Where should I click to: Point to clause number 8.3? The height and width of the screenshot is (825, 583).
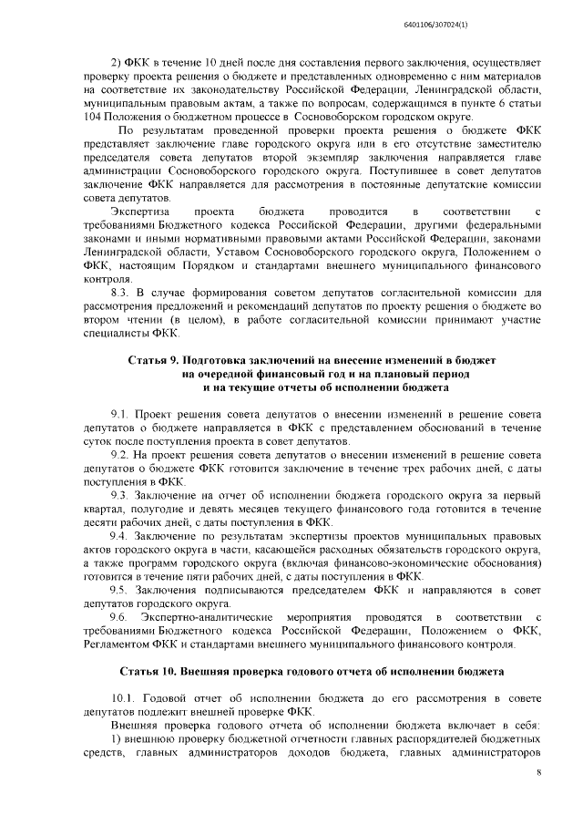[x=119, y=292]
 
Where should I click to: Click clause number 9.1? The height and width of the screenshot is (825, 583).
[x=119, y=413]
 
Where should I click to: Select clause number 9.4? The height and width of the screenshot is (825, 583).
[x=119, y=537]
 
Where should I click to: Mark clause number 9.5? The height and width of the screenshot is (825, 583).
[x=119, y=589]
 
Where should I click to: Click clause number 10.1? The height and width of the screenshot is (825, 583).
[x=122, y=697]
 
